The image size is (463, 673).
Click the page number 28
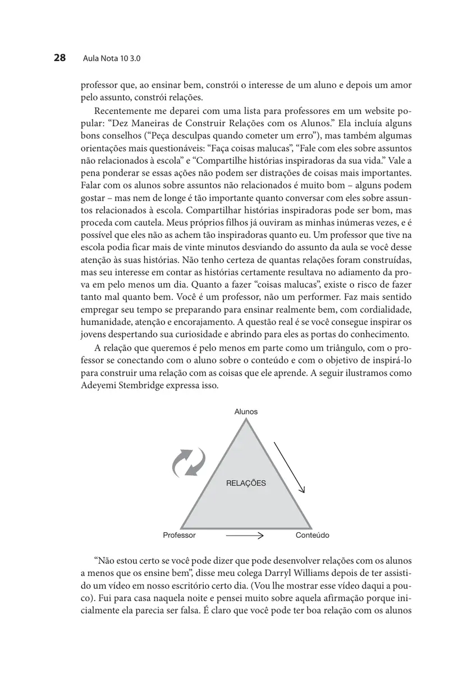(x=60, y=58)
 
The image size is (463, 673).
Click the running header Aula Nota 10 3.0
(x=111, y=58)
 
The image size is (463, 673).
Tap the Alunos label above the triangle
(x=246, y=412)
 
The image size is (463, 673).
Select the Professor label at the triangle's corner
(x=179, y=535)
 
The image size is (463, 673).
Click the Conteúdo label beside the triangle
(x=312, y=535)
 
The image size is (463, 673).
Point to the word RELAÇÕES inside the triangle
(x=246, y=483)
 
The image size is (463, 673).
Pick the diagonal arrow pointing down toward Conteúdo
(x=289, y=466)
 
